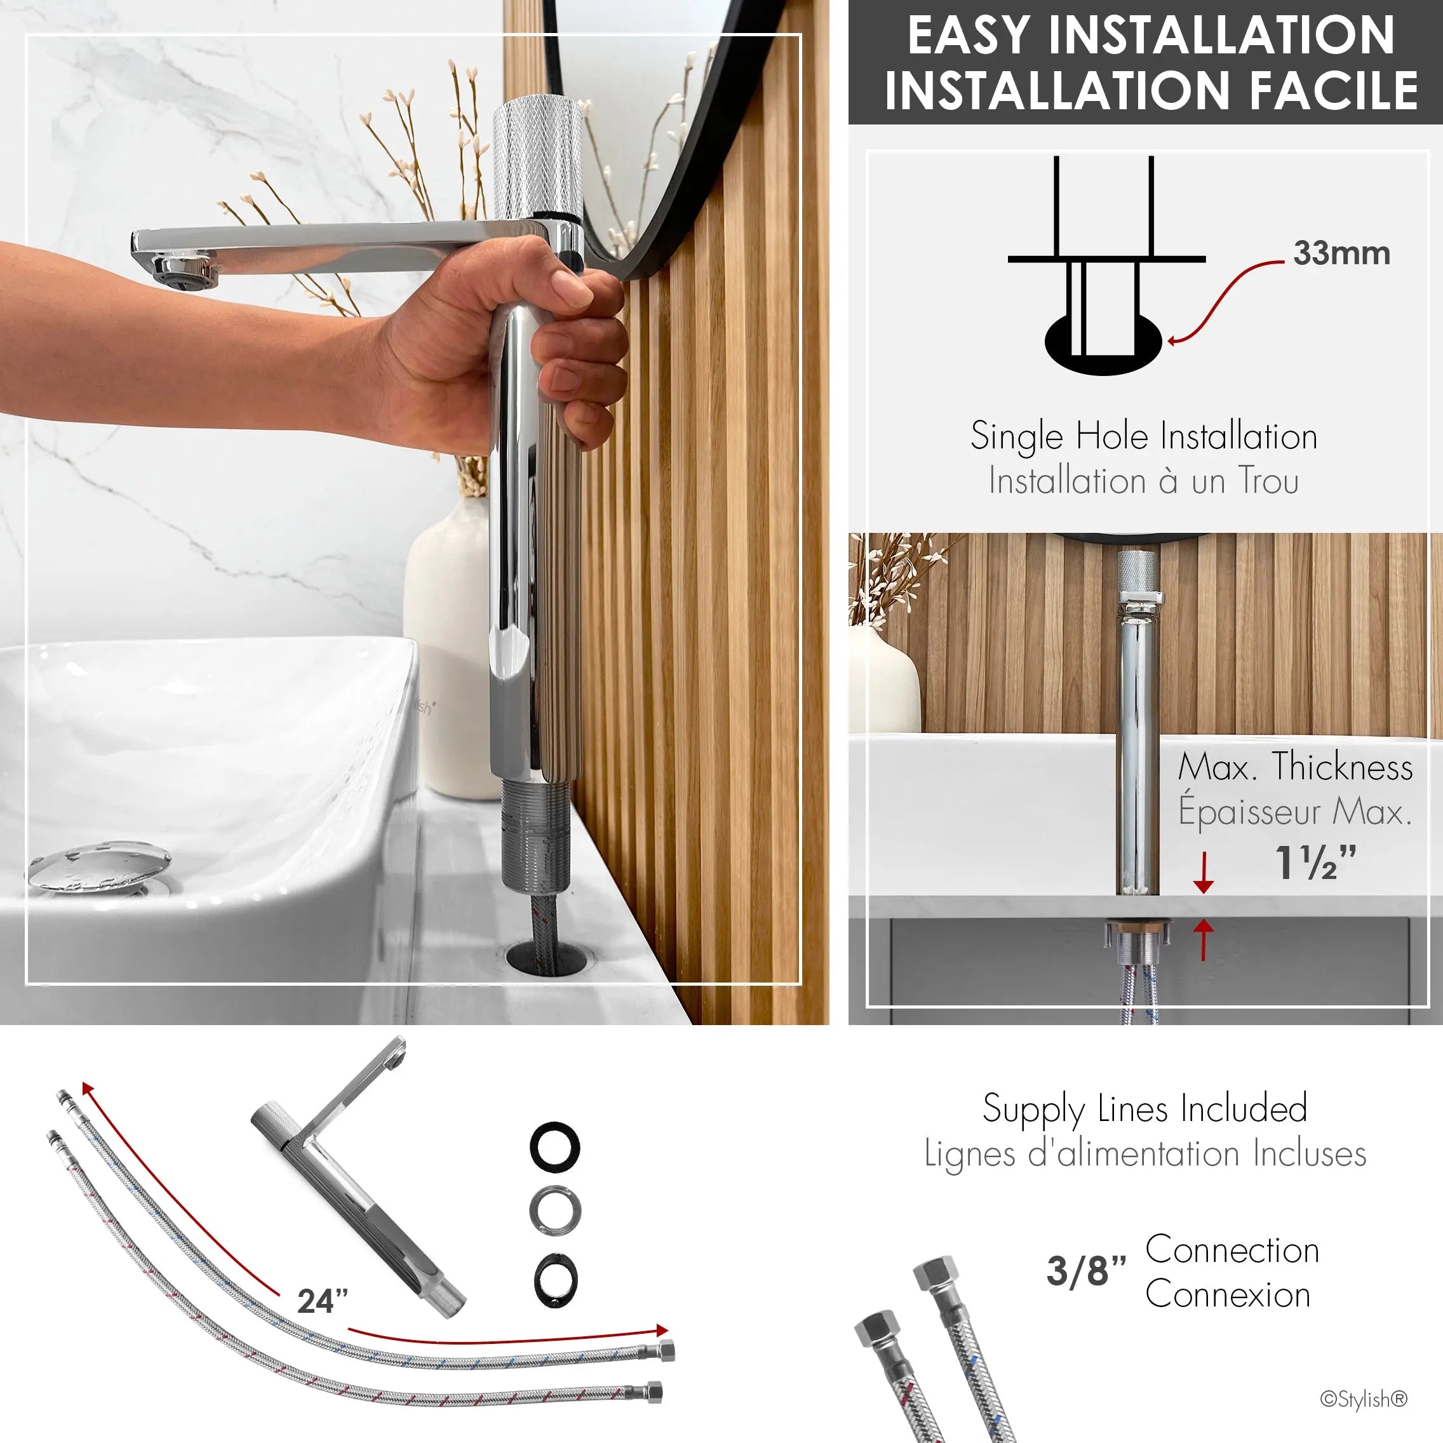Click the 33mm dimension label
[x=1341, y=253]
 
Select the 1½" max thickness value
[x=1315, y=862]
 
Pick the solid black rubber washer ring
[x=555, y=1146]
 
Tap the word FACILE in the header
[x=1333, y=90]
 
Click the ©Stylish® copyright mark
[x=1364, y=1399]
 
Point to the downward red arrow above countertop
[x=1202, y=873]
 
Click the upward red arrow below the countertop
[x=1202, y=939]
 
